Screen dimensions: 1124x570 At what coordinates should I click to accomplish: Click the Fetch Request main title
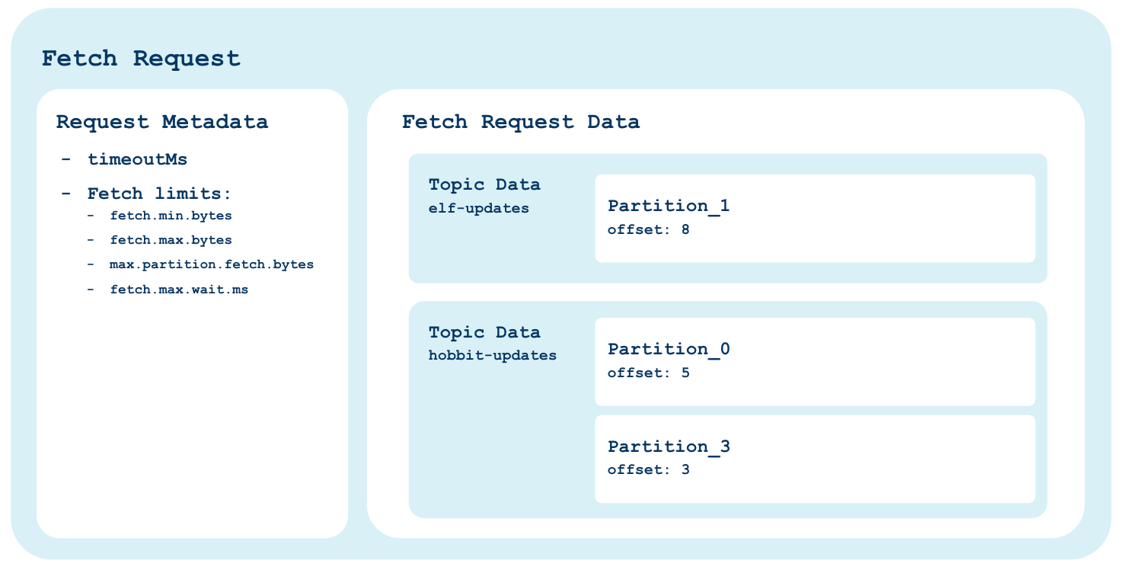pos(140,59)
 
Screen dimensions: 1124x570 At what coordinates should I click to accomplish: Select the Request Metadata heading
pos(162,122)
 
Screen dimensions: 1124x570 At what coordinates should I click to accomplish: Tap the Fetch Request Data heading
pos(520,122)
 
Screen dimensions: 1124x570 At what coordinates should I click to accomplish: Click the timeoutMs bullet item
pos(137,160)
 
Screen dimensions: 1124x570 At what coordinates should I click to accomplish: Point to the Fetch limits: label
pos(159,194)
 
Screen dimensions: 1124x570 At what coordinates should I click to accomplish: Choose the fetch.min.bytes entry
pos(171,216)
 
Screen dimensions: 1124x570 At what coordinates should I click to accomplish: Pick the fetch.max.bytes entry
pos(171,240)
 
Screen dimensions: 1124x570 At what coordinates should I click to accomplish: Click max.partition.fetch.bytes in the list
pos(211,264)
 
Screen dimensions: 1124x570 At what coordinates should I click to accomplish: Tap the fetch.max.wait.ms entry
pos(179,290)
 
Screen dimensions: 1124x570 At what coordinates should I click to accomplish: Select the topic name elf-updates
pos(479,208)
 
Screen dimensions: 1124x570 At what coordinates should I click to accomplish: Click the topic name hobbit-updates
pos(492,356)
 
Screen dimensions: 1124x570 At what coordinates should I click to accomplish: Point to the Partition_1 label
pos(669,206)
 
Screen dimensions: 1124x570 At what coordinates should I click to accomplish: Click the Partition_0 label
pos(669,349)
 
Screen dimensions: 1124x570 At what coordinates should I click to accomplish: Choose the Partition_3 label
pos(669,447)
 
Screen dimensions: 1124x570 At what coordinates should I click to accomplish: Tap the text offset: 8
pos(648,229)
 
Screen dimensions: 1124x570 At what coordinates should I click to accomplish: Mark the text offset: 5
pos(648,373)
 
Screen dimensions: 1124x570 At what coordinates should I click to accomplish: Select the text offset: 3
pos(648,469)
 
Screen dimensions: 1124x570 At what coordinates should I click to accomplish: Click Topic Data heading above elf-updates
pos(484,185)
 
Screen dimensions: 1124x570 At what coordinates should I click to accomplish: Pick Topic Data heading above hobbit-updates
pos(484,332)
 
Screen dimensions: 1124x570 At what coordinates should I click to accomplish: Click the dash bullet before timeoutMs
pos(65,160)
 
